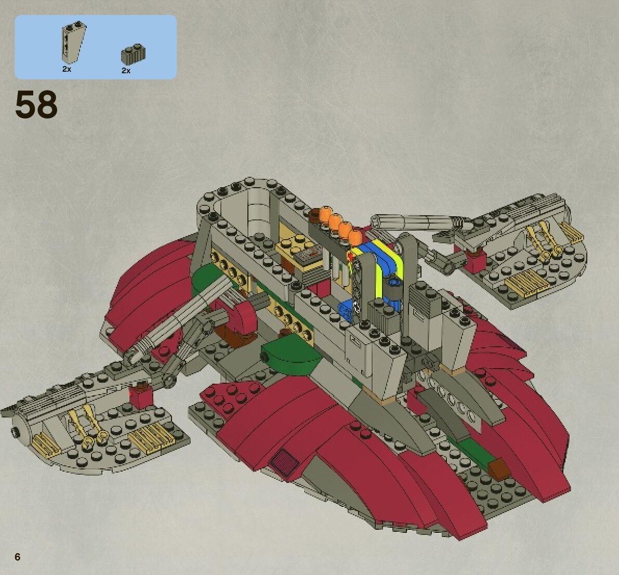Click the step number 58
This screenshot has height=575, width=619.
click(x=36, y=105)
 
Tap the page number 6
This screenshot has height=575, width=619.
click(x=18, y=557)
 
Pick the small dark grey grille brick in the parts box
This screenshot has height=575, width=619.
click(x=133, y=54)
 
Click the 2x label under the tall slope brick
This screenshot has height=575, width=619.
click(x=67, y=69)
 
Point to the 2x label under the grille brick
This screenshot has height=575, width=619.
click(x=126, y=70)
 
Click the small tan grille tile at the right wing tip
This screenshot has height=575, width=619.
click(x=570, y=233)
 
